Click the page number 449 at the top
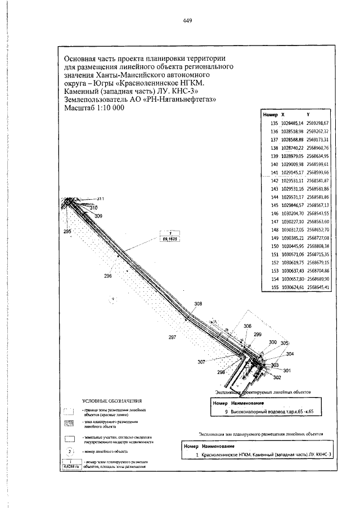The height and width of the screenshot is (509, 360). tap(188, 21)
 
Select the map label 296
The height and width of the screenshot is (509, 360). tap(108, 276)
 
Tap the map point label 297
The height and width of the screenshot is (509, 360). tap(172, 337)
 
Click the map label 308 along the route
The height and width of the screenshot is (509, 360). tap(197, 304)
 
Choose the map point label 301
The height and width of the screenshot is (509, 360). tap(287, 370)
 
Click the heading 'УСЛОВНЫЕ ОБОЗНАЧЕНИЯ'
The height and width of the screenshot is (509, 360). tap(111, 400)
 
